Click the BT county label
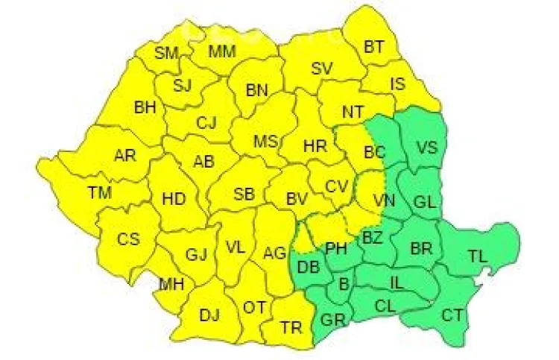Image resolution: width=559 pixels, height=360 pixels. tap(374, 47)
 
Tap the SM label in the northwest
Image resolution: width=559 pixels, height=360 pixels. tap(166, 52)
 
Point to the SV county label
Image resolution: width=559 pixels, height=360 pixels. tap(321, 68)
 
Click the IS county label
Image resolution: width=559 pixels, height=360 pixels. tap(398, 83)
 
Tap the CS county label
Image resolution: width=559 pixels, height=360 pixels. tap(128, 239)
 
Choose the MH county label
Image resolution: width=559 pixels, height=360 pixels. tap(171, 284)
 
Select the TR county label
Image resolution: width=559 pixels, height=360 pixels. tap(291, 326)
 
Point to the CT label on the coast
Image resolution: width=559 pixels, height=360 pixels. tap(452, 315)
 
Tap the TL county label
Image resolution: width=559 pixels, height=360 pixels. tap(477, 256)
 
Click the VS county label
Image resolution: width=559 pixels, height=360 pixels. tap(426, 146)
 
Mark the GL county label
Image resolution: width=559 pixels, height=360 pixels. tap(423, 201)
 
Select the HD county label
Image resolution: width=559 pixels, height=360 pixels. tap(174, 199)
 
